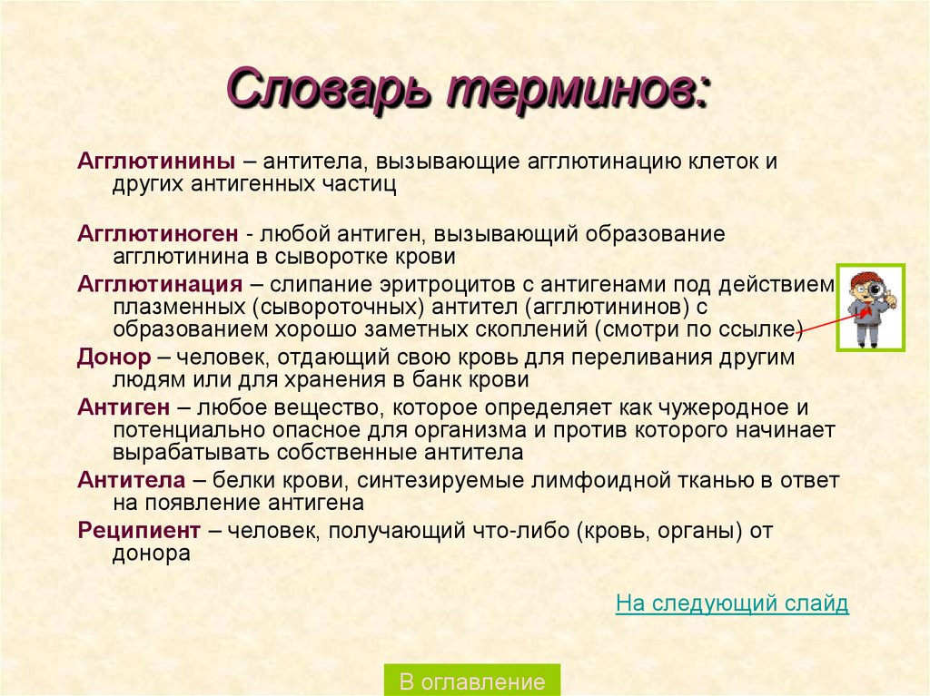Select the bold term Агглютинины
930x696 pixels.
pos(156,162)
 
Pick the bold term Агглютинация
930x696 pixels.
pos(160,283)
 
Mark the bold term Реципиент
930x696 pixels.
pos(139,531)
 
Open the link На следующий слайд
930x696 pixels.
pos(732,603)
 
